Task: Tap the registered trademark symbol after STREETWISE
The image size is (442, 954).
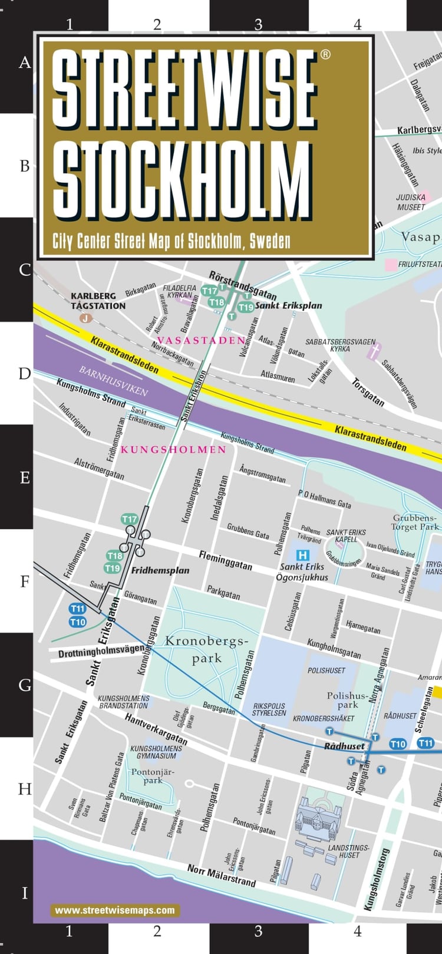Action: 325,55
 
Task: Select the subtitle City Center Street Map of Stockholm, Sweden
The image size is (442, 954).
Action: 171,241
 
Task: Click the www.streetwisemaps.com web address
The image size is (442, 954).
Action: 115,910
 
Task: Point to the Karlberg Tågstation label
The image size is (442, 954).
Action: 98,301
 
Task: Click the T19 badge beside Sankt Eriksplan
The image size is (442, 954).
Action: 246,307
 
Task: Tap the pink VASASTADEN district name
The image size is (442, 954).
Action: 201,340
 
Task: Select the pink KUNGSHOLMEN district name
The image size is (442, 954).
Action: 173,449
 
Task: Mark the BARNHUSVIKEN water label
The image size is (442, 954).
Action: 113,381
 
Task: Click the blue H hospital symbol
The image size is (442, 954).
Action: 303,555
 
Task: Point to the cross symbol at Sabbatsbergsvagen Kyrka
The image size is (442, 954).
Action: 374,352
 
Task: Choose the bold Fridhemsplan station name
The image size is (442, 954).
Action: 160,570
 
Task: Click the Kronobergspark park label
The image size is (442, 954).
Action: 203,649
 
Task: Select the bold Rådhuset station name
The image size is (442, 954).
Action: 345,746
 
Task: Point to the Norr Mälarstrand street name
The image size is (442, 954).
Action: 222,876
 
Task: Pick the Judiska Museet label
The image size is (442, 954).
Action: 411,202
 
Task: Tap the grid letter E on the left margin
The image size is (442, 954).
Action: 25,477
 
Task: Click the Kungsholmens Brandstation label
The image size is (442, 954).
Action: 124,702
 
